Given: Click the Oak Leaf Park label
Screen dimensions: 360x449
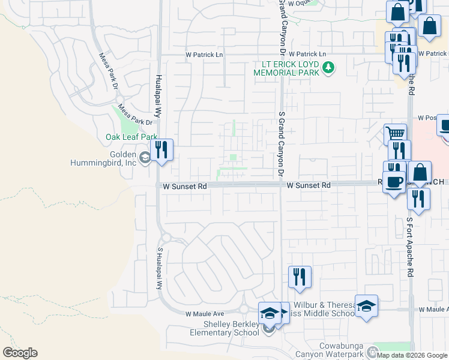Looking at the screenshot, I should [131, 137].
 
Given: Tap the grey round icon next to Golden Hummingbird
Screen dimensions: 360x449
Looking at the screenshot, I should [145, 158].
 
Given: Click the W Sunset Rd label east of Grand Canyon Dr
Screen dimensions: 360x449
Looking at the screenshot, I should [309, 186].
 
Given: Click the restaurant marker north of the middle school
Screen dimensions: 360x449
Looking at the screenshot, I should [300, 276].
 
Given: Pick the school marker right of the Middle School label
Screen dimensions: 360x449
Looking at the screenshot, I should [366, 306].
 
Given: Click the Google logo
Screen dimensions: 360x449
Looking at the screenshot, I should [20, 353].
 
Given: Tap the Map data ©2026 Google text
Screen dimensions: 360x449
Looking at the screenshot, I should [411, 355].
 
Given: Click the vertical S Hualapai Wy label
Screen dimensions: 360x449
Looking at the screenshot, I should [160, 268].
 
